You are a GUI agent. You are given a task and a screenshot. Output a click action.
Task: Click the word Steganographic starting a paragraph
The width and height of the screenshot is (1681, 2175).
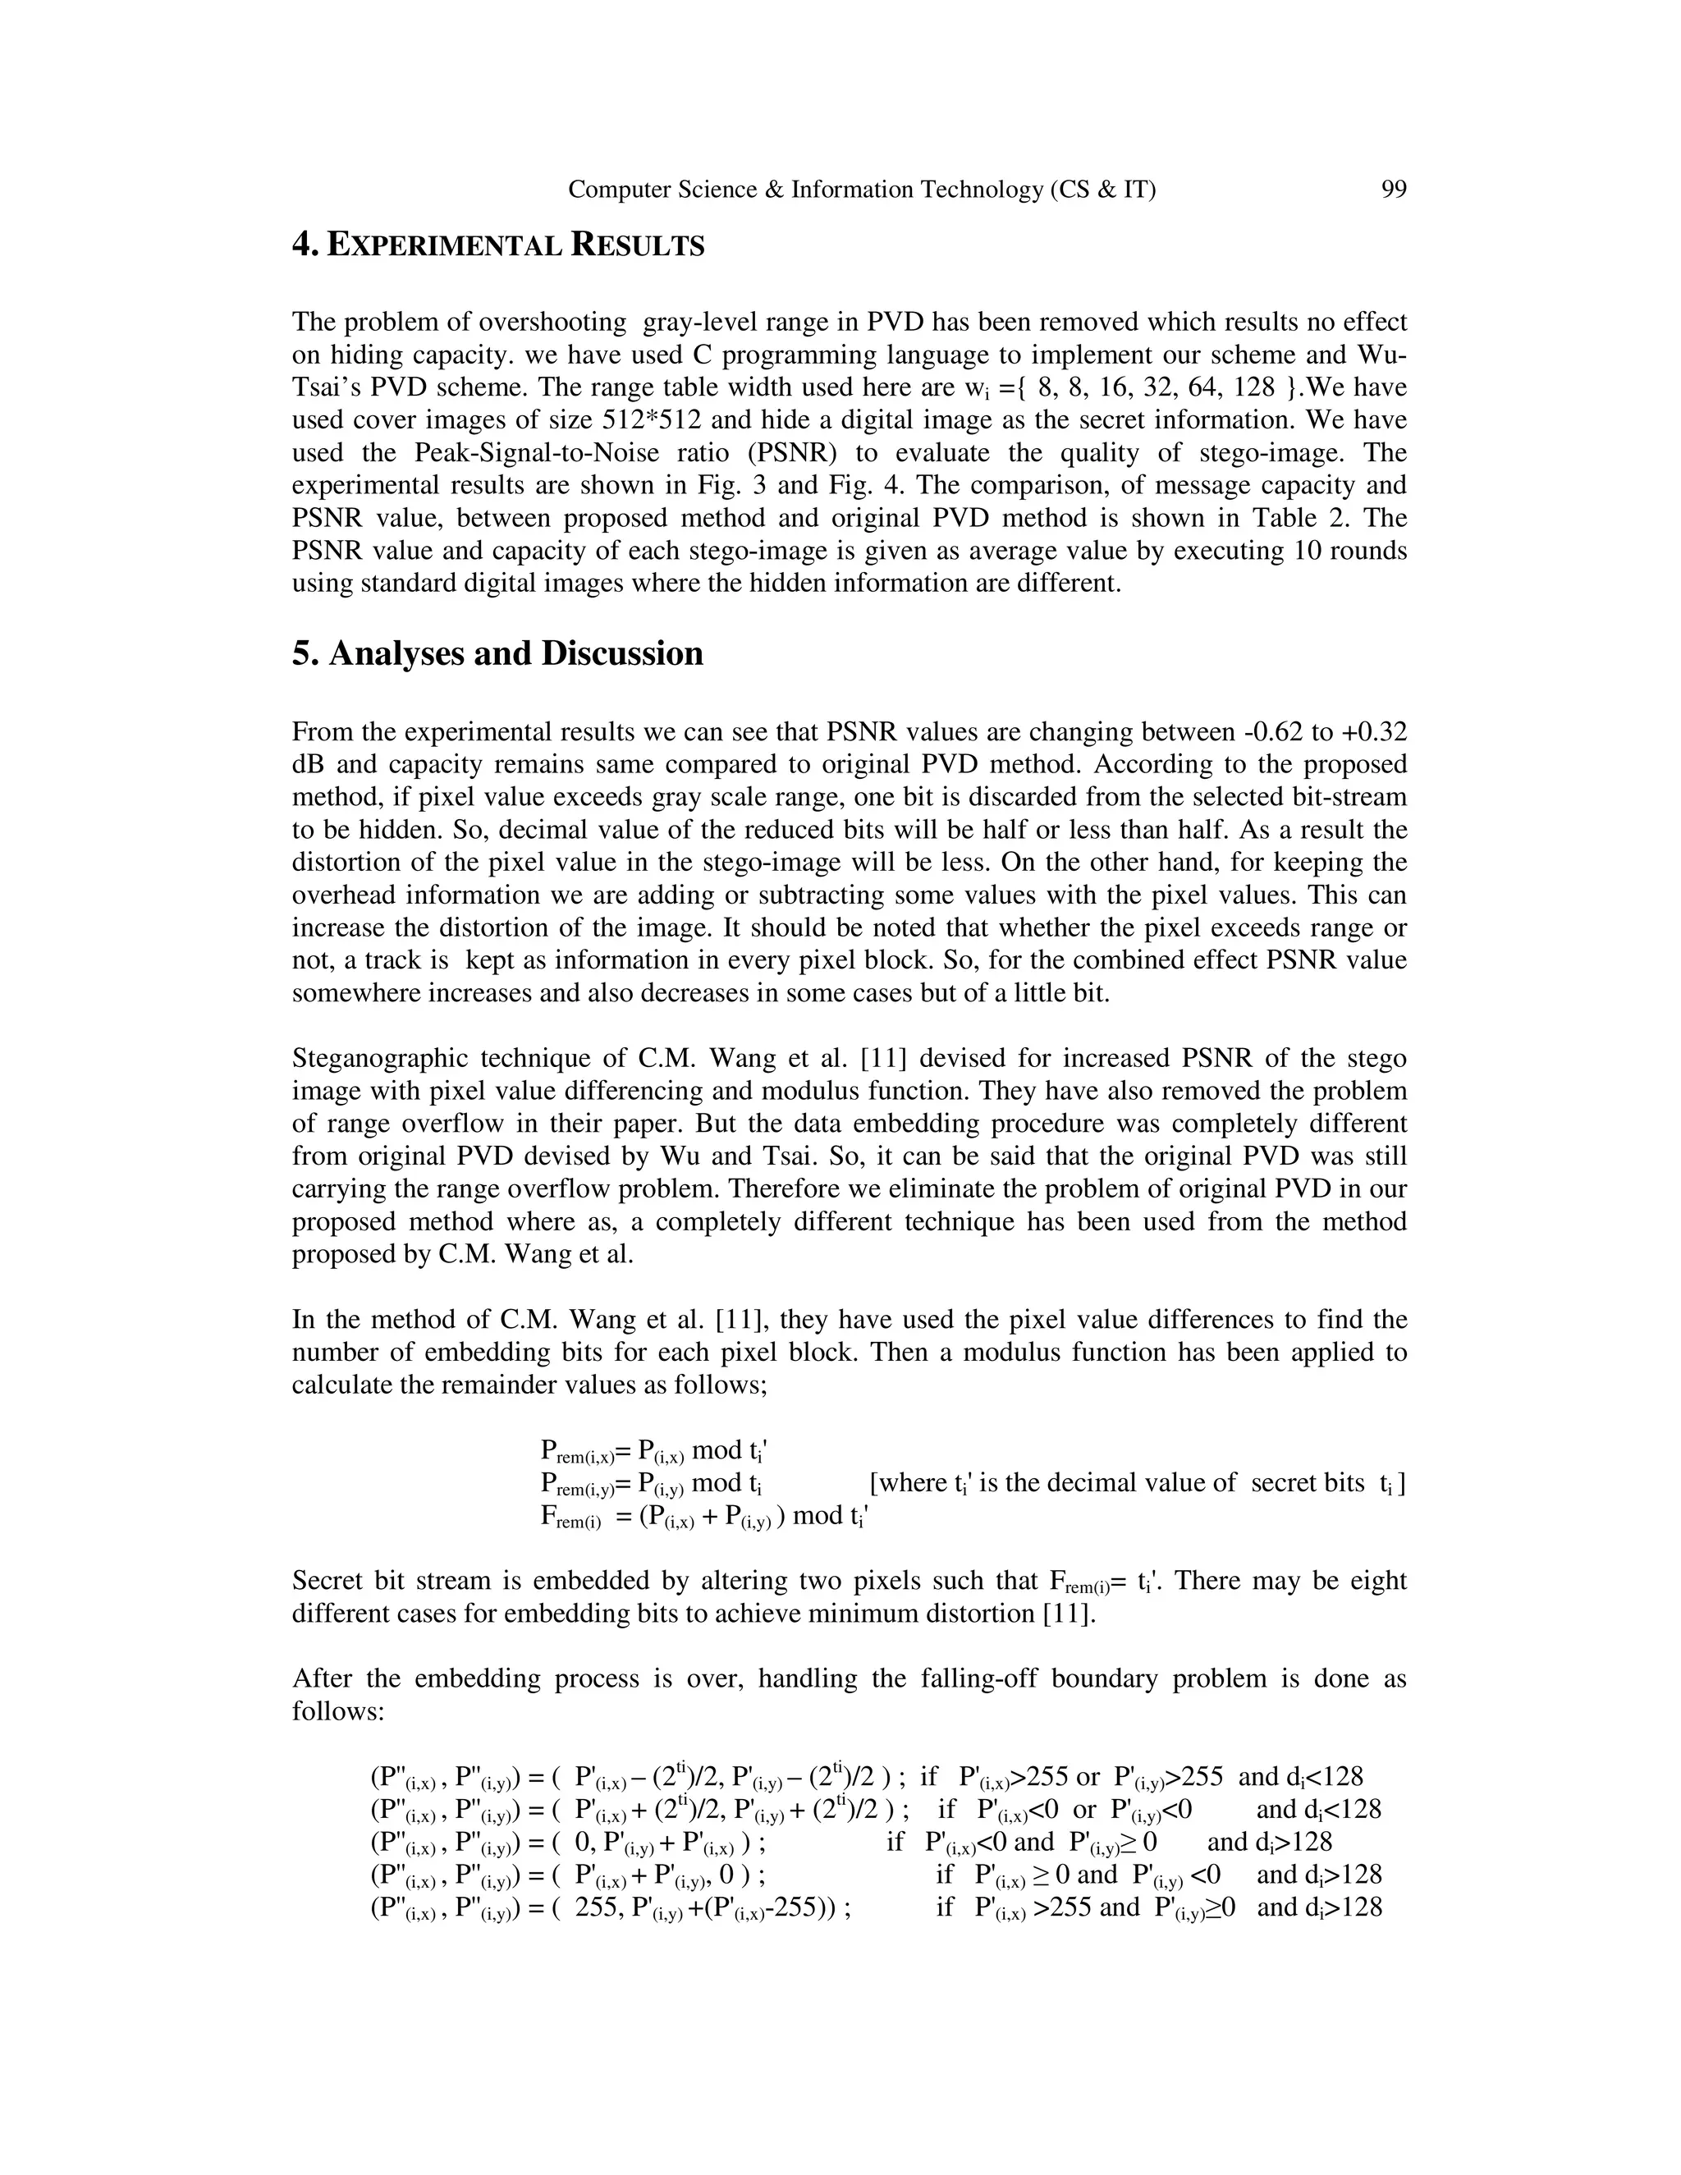click(378, 1059)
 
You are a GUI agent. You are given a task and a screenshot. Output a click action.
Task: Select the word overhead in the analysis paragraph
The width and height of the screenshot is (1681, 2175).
click(346, 895)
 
